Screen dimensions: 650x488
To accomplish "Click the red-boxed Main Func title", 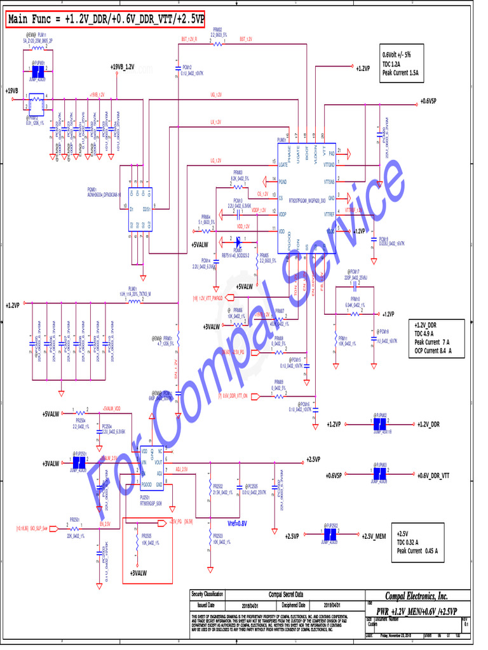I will coord(105,20).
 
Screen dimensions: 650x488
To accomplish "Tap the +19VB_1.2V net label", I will coord(122,67).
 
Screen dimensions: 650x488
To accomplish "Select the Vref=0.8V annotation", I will coord(237,523).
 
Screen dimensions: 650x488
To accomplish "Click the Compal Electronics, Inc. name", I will coord(416,596).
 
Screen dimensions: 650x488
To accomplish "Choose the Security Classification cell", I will coord(207,594).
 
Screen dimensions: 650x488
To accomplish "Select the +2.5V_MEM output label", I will coord(374,536).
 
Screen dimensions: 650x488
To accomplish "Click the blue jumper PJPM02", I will coord(381,424).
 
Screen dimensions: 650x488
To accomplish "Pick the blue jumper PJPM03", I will coord(379,475).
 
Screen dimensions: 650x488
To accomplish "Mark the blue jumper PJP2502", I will coord(329,536).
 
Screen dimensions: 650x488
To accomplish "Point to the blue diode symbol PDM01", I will coord(238,241).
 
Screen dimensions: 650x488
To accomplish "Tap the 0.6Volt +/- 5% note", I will coord(396,55).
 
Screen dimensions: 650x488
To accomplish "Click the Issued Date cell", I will coord(207,605).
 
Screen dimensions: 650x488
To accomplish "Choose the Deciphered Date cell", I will coord(294,605).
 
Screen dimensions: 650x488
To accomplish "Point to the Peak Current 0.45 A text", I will coord(420,550).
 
